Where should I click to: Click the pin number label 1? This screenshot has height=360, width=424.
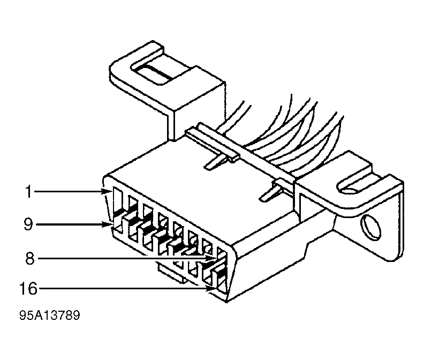[28, 192]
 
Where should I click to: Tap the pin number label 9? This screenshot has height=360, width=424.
[28, 224]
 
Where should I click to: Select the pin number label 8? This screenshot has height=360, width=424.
[30, 259]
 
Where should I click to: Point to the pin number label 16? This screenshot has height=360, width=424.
[28, 289]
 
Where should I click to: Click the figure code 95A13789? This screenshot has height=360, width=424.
[50, 316]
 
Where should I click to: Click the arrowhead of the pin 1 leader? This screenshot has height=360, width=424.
[108, 192]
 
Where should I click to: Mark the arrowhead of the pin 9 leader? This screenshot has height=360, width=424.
[108, 224]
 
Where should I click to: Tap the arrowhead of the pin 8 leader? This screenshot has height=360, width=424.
[211, 259]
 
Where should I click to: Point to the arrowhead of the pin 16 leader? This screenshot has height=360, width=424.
[212, 289]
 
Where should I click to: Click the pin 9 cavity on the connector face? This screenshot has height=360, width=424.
[117, 224]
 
